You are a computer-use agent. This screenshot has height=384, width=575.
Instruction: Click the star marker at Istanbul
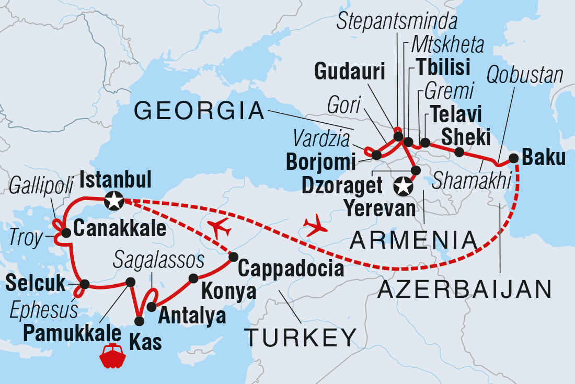114,200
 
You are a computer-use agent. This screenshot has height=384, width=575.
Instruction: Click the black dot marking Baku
514,158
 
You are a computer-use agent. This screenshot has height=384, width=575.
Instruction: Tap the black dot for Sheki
459,152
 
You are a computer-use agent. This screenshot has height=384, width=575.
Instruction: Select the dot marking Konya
193,278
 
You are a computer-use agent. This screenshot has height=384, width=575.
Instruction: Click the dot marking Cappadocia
233,257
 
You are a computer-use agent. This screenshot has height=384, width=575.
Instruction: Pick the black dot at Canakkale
66,233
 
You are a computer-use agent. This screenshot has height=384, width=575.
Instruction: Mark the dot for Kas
140,321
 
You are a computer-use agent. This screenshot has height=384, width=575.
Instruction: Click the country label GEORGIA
199,111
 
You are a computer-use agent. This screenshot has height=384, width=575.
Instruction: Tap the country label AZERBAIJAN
464,288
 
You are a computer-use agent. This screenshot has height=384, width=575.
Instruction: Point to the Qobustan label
525,76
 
